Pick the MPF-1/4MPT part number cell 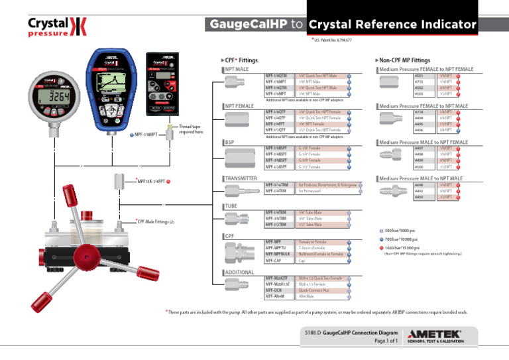[276, 94]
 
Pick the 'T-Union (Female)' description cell [312, 247]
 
